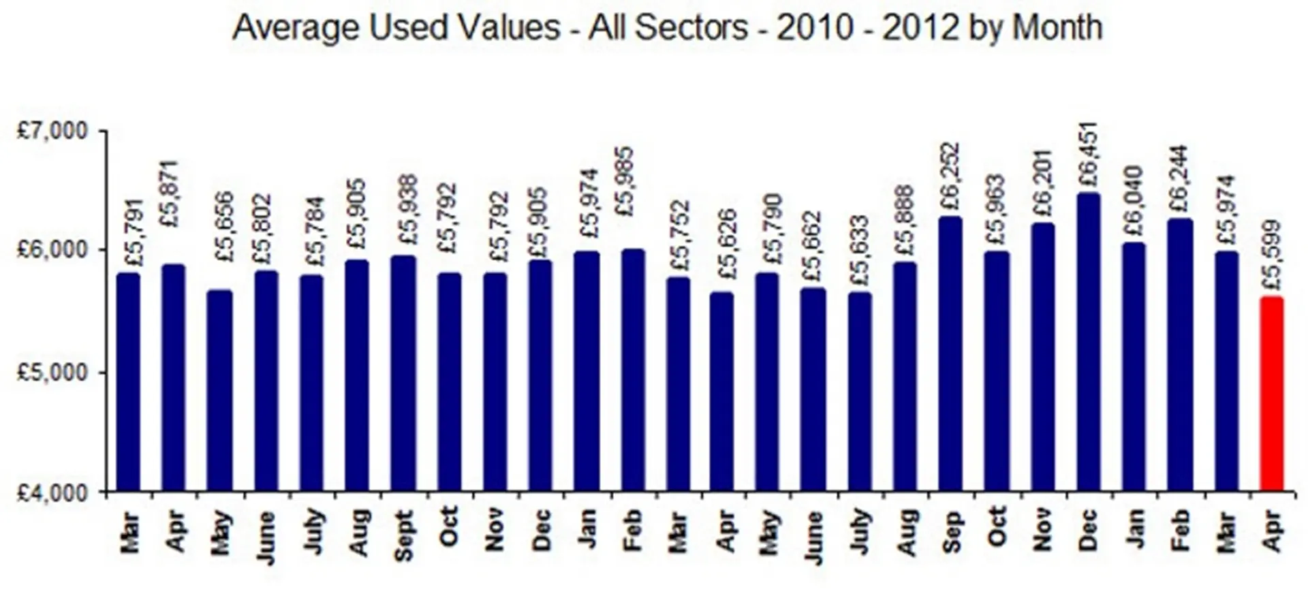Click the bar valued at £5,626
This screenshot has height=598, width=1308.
pyautogui.click(x=722, y=392)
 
